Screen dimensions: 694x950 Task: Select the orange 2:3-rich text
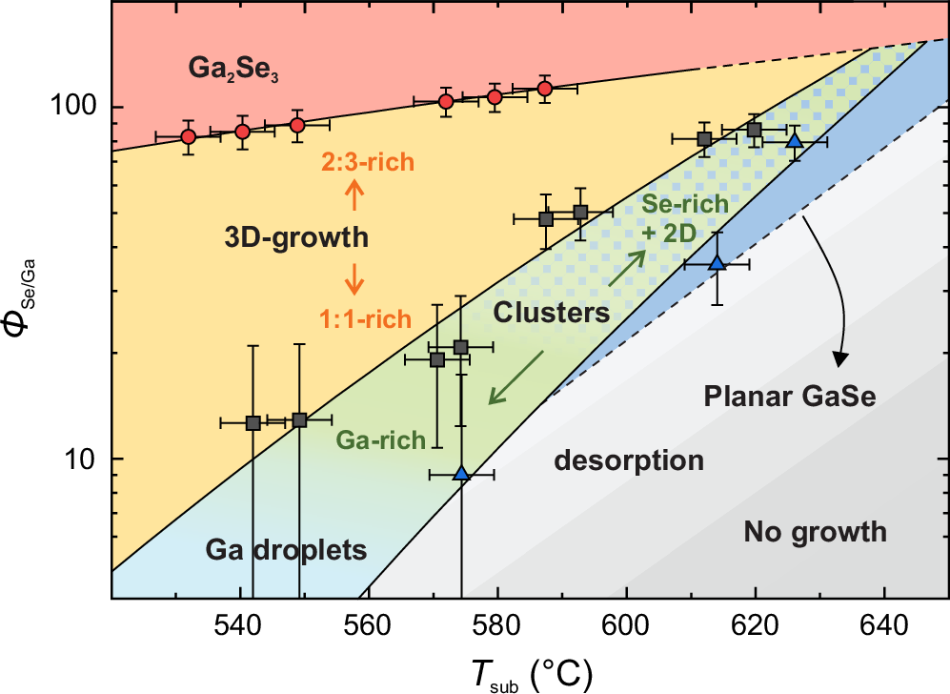367,162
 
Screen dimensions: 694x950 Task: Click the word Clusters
552,313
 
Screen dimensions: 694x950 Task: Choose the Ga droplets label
286,550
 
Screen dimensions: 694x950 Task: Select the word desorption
629,461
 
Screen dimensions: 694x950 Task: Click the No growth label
816,531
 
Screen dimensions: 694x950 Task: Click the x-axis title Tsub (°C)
524,673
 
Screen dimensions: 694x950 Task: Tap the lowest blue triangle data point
461,473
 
